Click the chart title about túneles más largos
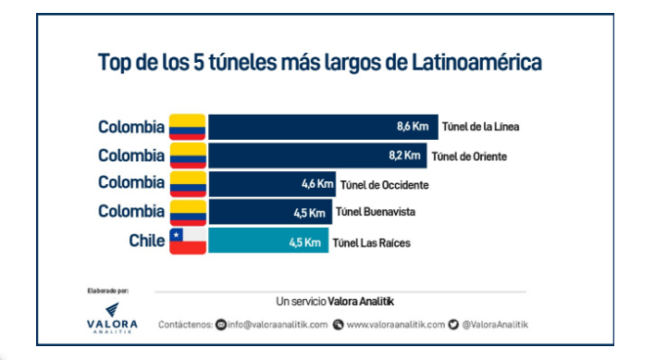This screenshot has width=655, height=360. (319, 63)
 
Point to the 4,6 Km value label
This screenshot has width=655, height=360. (316, 184)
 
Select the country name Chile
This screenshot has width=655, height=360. (146, 242)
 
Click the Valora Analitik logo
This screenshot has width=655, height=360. (110, 317)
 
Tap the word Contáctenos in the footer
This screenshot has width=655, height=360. (185, 324)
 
